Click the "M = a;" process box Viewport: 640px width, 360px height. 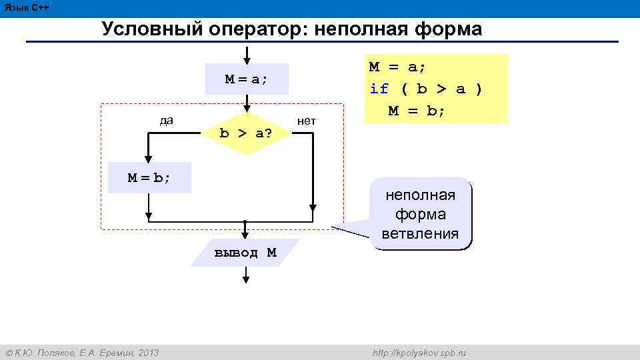click(x=246, y=79)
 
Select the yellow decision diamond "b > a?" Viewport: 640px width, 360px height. click(x=246, y=132)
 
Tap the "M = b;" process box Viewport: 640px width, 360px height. click(x=149, y=177)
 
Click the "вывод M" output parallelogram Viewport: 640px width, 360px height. click(x=245, y=253)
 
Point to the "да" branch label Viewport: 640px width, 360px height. click(x=167, y=121)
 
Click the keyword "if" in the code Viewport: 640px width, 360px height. click(x=379, y=89)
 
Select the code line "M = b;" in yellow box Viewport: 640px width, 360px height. click(x=417, y=110)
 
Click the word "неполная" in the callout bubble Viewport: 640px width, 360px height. click(x=421, y=195)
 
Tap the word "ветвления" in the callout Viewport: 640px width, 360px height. click(x=421, y=233)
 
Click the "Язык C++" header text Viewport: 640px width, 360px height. click(x=26, y=7)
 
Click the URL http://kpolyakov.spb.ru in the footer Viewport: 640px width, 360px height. click(x=419, y=353)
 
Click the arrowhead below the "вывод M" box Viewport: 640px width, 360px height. click(x=246, y=279)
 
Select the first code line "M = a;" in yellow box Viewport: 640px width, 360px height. click(x=398, y=67)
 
